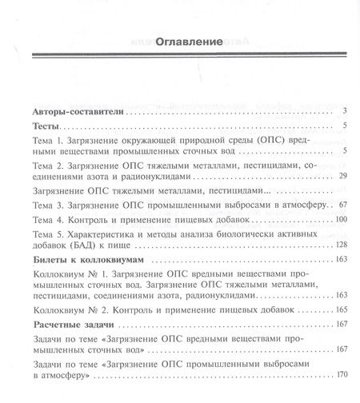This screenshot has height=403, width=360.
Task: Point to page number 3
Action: [x=343, y=110]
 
